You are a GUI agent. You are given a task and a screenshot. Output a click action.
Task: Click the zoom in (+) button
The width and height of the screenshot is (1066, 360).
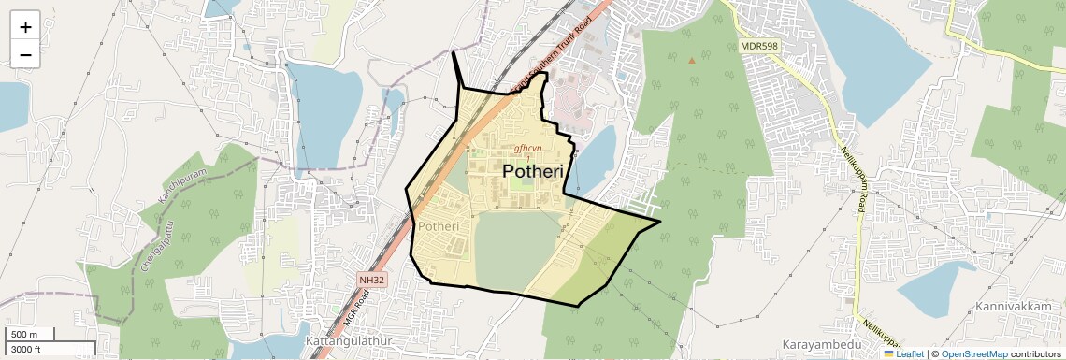coord(25,27)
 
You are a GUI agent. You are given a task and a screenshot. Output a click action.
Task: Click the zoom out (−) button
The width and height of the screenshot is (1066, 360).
coord(25,55)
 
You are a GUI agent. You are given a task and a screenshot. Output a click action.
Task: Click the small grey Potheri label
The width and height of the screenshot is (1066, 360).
coord(439,227)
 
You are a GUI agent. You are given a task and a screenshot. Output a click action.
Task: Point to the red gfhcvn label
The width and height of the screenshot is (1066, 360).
coord(528,149)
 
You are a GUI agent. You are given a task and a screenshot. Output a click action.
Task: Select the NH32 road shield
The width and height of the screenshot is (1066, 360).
coord(371,280)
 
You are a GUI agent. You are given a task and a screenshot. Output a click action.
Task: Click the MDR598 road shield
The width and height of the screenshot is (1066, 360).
coord(760,45)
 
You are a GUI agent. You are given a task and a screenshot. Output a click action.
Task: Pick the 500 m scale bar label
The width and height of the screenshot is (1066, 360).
coord(25,335)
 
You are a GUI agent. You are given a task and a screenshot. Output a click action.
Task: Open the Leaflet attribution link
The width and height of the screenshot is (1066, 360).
coord(903,354)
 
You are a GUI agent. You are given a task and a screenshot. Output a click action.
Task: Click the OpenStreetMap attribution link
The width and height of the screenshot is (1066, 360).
coord(973,354)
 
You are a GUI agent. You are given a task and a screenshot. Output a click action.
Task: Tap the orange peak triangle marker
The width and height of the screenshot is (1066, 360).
coord(692,61)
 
